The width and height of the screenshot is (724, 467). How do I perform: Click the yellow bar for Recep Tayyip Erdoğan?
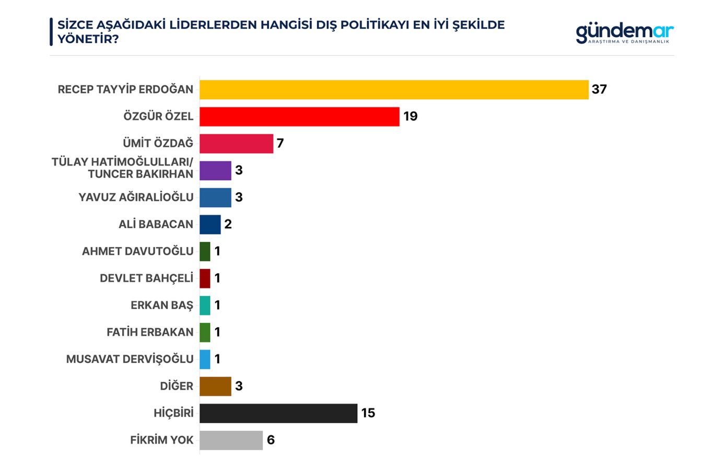pos(394,89)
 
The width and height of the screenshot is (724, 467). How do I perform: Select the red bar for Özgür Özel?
pos(299,116)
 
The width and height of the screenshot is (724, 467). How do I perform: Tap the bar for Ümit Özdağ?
pos(236,144)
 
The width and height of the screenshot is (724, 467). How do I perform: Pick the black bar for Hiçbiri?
pos(278,413)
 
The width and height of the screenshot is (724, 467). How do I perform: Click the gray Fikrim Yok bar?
pos(231,440)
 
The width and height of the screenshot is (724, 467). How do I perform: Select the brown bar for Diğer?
pos(215,386)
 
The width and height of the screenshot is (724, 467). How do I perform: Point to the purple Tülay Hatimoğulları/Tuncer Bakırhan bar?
pos(215,171)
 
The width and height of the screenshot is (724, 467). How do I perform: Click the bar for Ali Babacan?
pos(210,225)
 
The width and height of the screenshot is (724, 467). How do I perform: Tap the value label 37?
pos(599,89)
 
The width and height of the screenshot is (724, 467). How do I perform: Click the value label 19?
pos(410,116)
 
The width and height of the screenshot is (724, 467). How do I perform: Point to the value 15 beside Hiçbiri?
pos(368,413)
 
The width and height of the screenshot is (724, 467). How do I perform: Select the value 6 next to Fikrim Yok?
pos(271,440)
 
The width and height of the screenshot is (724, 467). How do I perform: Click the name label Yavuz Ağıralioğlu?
pos(136,197)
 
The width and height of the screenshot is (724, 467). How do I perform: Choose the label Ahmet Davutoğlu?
pos(137,251)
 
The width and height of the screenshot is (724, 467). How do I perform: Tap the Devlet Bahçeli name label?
pos(146,278)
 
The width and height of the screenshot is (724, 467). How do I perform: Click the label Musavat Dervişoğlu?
pos(130,359)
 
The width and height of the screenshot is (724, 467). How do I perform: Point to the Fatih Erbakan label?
pos(150,332)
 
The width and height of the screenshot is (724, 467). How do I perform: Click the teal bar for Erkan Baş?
pos(205,306)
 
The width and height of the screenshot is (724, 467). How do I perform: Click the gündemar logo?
pos(624,33)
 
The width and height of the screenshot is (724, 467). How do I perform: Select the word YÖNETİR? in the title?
pos(88,39)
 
